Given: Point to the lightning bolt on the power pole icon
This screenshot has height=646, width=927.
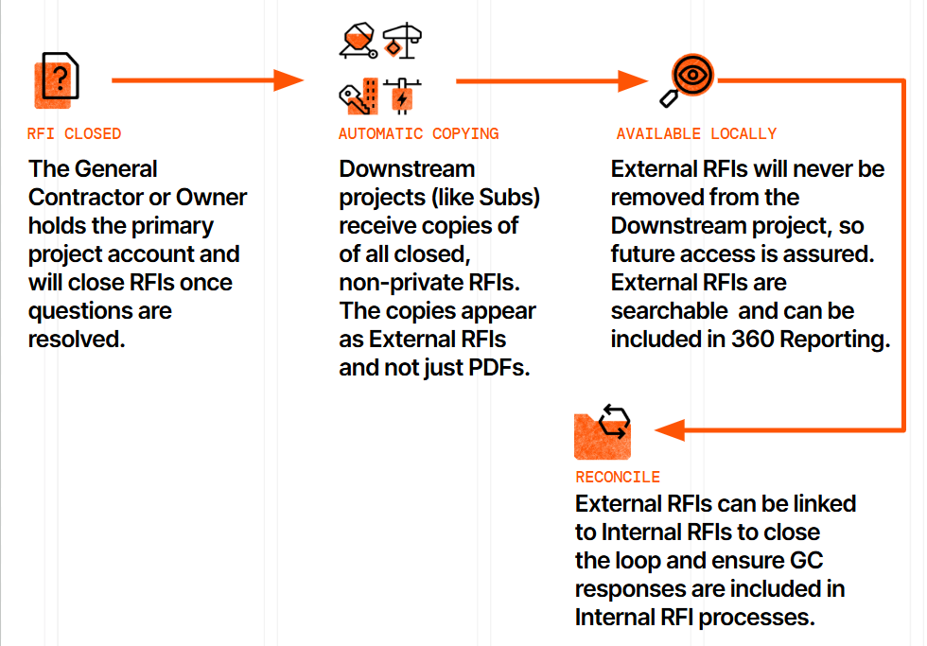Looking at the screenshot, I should pos(403,99).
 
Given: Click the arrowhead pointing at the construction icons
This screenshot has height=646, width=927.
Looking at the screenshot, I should pos(289,80).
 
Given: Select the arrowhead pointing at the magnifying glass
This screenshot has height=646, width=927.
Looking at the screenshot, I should pos(633,80).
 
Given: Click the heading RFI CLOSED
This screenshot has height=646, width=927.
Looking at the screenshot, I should pos(75,133).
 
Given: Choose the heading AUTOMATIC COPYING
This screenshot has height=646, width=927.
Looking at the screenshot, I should pos(418,133).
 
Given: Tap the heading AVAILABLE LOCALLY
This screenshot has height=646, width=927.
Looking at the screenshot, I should pos(696,133).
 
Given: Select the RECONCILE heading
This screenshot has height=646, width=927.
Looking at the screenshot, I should pos(618,477).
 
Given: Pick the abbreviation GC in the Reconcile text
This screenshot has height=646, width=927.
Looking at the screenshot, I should pos(805,560).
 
